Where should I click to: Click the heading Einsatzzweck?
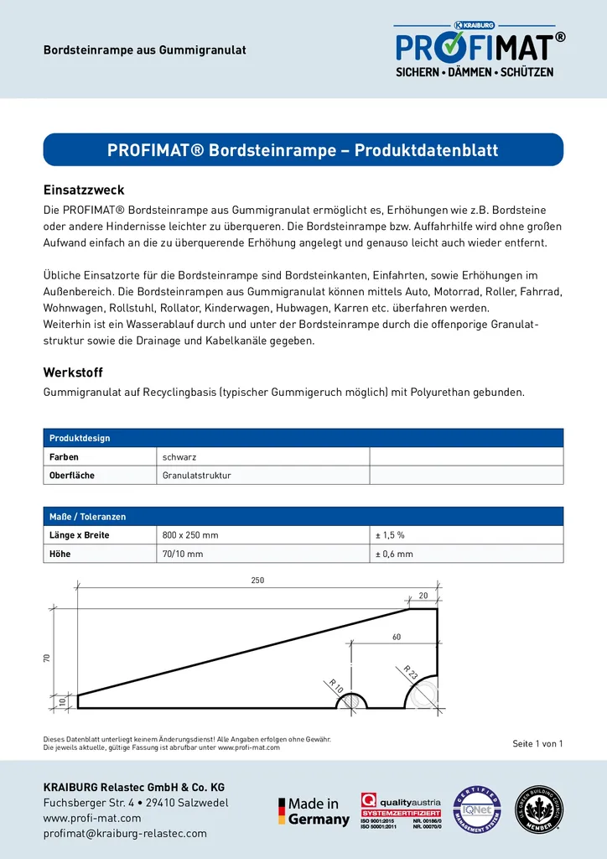(84, 190)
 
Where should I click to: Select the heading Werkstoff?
(73, 372)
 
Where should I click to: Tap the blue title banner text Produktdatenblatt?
(303, 150)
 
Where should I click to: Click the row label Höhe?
(60, 554)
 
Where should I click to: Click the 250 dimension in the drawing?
(257, 580)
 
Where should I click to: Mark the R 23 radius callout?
(410, 672)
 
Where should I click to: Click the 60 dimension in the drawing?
(397, 638)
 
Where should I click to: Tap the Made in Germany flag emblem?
(283, 811)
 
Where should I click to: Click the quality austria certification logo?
(401, 811)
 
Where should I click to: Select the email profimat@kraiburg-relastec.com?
(125, 834)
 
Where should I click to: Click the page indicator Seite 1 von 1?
(537, 744)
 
